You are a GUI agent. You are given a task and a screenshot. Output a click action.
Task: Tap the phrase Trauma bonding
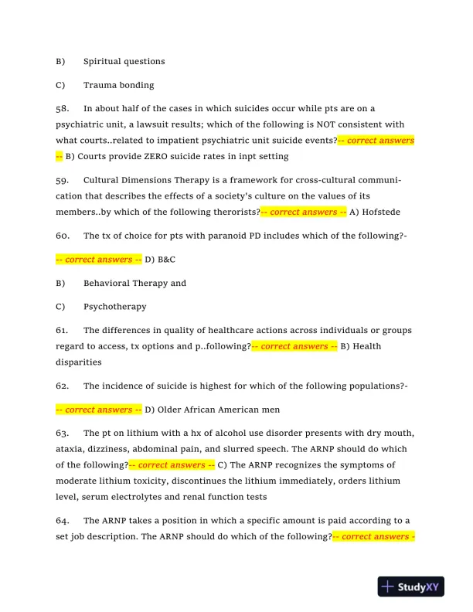point(118,85)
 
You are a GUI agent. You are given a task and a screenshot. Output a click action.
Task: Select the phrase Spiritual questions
point(124,61)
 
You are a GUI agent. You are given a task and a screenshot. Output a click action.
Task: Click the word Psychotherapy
point(114,307)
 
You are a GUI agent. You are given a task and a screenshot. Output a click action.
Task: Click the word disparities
point(78,361)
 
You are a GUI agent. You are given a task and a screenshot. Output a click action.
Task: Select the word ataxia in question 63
point(70,449)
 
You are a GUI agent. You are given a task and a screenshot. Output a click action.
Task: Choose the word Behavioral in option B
point(107,283)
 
